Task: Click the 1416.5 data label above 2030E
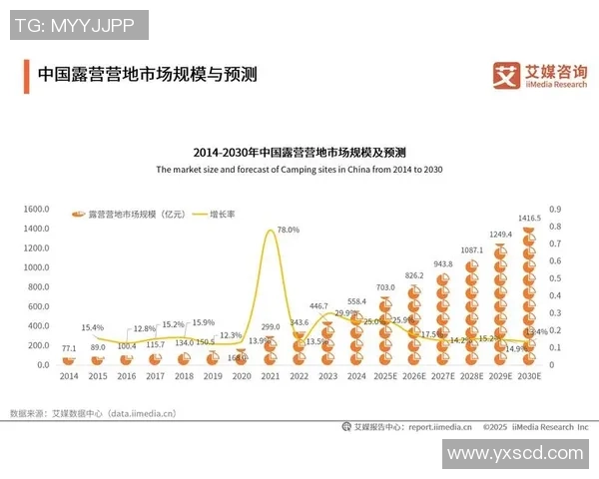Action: [530, 218]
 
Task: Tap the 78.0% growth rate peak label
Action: [289, 230]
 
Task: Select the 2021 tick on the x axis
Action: [271, 375]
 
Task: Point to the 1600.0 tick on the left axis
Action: [36, 210]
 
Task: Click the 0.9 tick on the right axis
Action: [555, 210]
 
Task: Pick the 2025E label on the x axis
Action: [385, 375]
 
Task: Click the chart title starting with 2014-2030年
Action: [299, 153]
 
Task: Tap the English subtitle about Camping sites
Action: [299, 170]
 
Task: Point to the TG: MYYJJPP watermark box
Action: [78, 24]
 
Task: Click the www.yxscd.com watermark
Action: [515, 453]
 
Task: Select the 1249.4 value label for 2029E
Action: [501, 235]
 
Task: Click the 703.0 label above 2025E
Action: [385, 287]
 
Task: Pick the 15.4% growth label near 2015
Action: [92, 327]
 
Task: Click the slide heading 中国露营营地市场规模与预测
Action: [146, 74]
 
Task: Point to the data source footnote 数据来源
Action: [92, 412]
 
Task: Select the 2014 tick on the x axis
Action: [69, 375]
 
